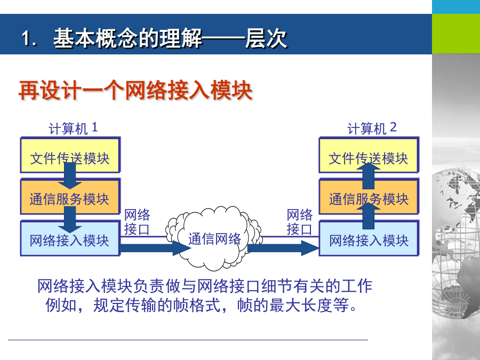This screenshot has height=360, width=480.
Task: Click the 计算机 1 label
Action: [x=73, y=128]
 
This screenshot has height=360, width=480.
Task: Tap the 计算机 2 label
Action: [x=372, y=128]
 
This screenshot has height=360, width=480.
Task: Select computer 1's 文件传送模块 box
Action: [x=70, y=155]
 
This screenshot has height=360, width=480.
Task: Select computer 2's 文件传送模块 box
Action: [x=369, y=155]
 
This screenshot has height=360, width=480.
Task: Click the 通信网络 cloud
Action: [x=214, y=238]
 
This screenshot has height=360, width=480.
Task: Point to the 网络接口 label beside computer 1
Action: [x=137, y=222]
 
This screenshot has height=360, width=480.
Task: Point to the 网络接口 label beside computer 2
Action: [x=299, y=222]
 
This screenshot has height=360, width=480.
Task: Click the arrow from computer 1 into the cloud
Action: [x=156, y=248]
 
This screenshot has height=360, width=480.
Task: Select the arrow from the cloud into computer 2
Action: [x=283, y=248]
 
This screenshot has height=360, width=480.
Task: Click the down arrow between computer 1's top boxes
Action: [x=70, y=176]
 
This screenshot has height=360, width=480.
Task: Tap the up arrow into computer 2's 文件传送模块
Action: [x=369, y=176]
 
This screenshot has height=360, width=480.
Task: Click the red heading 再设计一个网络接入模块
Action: [x=135, y=90]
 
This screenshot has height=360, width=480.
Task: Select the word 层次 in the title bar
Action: [x=266, y=38]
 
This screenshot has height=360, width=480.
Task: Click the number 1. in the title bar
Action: [x=29, y=39]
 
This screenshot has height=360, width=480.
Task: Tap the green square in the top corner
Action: [x=456, y=34]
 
